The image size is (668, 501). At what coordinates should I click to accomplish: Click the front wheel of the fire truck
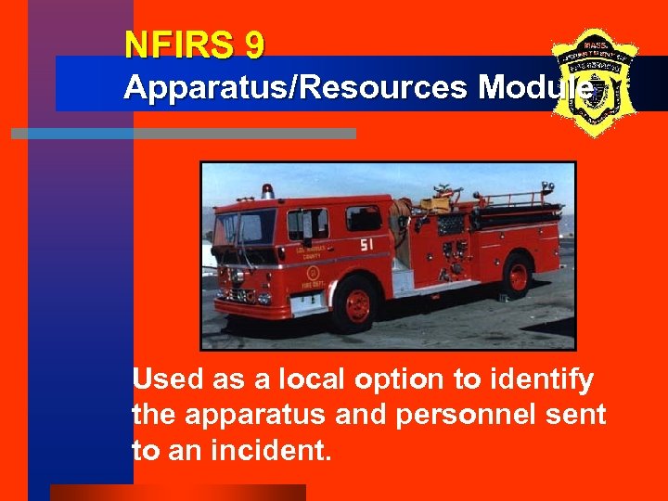pos(356,303)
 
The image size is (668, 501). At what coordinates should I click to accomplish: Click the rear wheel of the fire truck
pos(518,276)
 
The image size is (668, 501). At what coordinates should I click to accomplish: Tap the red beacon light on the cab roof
pos(268,190)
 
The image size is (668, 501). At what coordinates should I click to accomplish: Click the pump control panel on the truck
pos(453,250)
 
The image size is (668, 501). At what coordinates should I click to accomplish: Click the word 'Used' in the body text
pos(166,379)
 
